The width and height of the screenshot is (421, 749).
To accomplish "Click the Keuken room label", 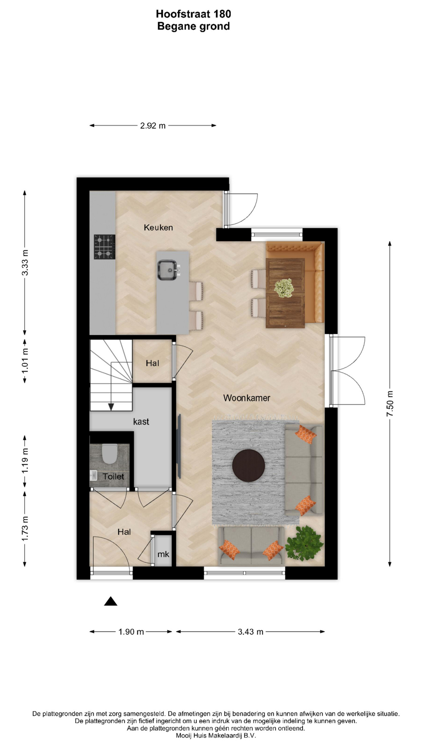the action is click(158, 227).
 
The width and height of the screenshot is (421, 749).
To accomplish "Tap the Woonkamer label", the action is click(247, 398).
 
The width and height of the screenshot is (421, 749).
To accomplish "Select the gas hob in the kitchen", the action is click(104, 247).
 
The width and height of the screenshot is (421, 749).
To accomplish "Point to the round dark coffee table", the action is click(249, 465).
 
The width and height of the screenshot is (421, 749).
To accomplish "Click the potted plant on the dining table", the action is click(284, 288).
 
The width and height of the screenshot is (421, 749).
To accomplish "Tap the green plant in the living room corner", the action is click(304, 543).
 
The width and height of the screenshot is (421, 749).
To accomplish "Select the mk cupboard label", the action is click(163, 554).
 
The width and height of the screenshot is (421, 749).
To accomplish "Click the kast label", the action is click(141, 421).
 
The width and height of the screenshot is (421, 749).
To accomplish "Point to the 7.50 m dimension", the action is click(390, 403).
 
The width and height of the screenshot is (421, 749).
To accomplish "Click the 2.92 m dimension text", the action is click(153, 126).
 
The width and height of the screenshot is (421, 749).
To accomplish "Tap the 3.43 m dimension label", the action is click(251, 632).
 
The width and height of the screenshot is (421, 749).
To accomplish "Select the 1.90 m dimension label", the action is click(131, 632).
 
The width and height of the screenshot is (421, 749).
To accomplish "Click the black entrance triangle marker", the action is click(111, 602).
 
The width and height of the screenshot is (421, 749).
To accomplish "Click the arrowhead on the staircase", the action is click(111, 406).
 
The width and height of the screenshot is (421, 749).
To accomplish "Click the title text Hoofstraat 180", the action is click(193, 14).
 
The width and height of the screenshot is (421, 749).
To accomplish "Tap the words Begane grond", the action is click(193, 27).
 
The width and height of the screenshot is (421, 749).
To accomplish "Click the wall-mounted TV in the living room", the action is click(179, 446).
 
